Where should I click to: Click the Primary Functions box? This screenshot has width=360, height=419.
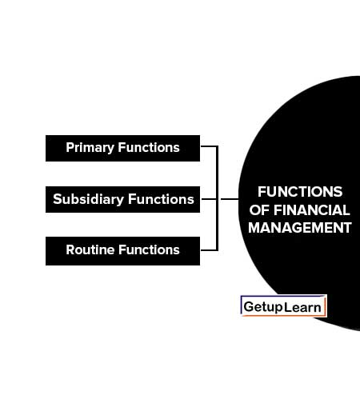[122, 148]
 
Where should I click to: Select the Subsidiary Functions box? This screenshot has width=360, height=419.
[122, 199]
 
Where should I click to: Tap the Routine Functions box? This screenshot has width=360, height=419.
[122, 251]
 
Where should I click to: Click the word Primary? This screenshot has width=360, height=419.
[90, 148]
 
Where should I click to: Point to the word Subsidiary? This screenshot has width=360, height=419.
[89, 199]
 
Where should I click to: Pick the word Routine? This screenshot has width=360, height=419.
[90, 249]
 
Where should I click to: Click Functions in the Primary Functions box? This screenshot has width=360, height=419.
[149, 147]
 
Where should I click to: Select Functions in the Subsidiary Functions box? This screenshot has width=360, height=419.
[161, 199]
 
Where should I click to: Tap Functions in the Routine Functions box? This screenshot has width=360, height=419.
[149, 249]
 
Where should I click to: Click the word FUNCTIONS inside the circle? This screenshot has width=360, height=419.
[300, 192]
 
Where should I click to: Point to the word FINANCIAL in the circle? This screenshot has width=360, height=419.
[312, 210]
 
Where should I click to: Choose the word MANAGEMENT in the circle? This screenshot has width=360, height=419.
[300, 228]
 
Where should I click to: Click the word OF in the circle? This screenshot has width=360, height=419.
[259, 210]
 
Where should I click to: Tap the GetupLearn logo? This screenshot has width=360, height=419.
[283, 306]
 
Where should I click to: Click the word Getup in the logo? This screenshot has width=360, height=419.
[263, 307]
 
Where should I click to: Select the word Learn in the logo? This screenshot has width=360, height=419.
[302, 307]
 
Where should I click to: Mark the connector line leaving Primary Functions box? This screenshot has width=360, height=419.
[209, 146]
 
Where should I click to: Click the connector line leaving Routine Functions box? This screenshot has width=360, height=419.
[209, 250]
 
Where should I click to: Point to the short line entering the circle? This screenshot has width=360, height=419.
[230, 199]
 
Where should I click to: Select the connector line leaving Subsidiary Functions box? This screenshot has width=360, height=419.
[209, 199]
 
